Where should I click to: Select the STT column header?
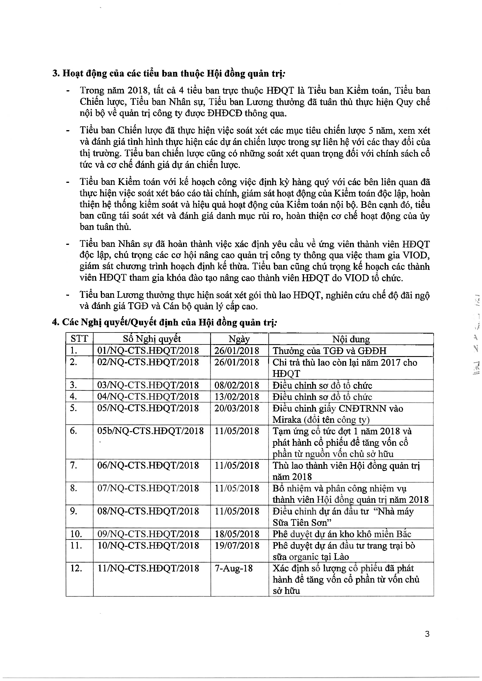pos(79,339)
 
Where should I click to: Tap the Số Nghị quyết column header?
pos(152,339)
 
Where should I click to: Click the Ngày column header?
pos(239,339)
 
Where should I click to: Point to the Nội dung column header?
pos(351,339)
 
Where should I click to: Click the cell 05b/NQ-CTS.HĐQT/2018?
pos(150,431)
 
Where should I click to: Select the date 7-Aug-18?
pos(234,568)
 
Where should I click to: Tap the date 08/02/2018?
pos(237,385)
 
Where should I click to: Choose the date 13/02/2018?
pos(237,397)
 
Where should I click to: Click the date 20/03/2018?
pos(237,408)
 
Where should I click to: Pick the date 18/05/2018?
pos(237,534)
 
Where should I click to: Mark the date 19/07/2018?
pos(237,545)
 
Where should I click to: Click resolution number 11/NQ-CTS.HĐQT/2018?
pos(148,568)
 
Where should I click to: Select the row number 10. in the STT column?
pos(76,534)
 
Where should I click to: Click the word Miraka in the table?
pos(286,420)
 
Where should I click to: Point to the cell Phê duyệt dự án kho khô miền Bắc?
pos(342,534)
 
